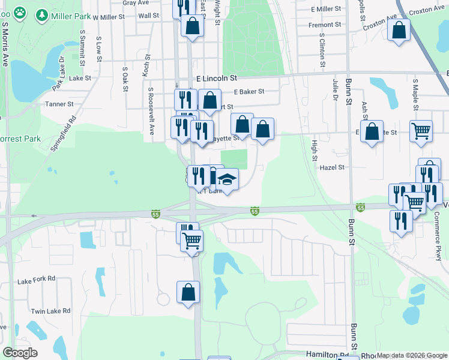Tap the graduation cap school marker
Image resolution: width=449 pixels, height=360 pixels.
tap(228, 179)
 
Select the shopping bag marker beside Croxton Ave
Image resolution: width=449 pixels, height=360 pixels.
tap(399, 30)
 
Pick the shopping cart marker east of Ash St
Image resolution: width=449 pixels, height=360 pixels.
tap(421, 130)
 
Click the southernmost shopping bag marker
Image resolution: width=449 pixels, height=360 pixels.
tap(188, 292)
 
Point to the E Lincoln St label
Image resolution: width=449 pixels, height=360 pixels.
tap(217, 78)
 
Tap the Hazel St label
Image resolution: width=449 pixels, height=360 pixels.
tap(333, 167)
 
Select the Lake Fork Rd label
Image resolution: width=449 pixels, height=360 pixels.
tap(37, 279)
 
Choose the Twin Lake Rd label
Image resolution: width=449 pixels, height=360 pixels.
tap(51, 311)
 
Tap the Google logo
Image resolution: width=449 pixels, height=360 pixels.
tap(20, 353)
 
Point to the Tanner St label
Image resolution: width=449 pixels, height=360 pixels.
tap(59, 104)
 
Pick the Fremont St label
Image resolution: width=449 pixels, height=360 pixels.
tap(325, 25)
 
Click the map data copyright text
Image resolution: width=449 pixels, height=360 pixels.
tap(411, 355)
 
